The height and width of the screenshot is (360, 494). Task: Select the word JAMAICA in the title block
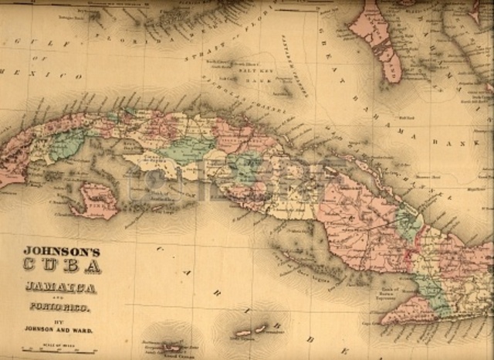pos(59,288)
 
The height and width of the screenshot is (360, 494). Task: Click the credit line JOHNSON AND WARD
pos(58,327)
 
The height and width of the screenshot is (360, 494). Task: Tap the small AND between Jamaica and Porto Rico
pos(59,296)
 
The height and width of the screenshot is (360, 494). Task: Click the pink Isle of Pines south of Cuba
pos(97,202)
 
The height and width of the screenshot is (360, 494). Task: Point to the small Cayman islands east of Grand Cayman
pos(255,331)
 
